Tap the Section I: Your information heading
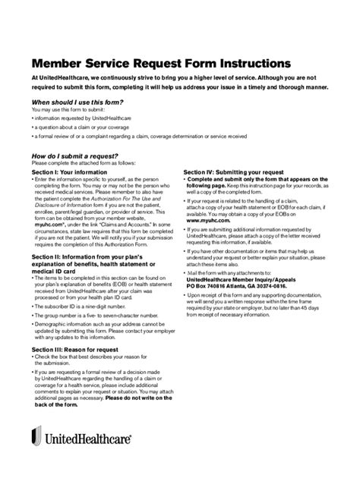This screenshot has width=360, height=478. tap(69, 172)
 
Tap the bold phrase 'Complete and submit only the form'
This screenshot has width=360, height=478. tap(226, 179)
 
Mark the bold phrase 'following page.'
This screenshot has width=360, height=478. tap(206, 186)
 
